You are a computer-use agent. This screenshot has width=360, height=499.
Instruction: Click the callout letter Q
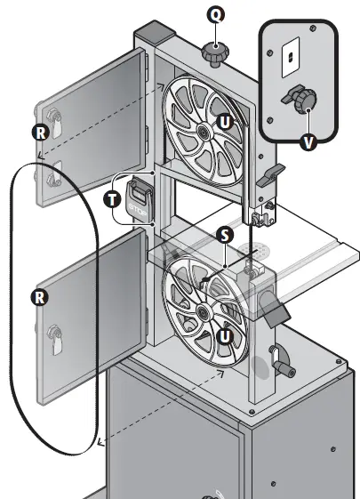[x=214, y=14]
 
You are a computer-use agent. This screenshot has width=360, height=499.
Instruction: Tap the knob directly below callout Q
[x=213, y=52]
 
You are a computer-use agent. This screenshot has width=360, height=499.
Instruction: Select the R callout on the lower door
[x=39, y=295]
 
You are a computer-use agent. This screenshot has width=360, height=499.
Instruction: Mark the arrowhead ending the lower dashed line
[x=100, y=440]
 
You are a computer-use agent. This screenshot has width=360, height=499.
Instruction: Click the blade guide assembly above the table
[x=261, y=213]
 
